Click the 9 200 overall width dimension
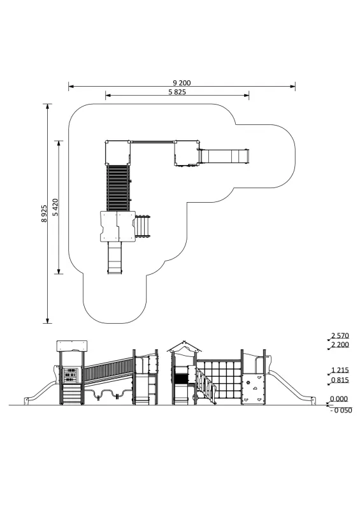pyautogui.click(x=182, y=83)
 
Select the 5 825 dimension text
pyautogui.click(x=177, y=92)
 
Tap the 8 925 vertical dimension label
pyautogui.click(x=44, y=214)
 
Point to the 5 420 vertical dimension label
pyautogui.click(x=55, y=207)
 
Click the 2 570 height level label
pyautogui.click(x=340, y=335)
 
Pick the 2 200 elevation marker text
pyautogui.click(x=340, y=344)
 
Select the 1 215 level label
pyautogui.click(x=340, y=370)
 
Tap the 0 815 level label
pyautogui.click(x=340, y=380)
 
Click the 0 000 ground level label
pyautogui.click(x=339, y=399)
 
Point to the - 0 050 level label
pyautogui.click(x=341, y=411)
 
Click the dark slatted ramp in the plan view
pyautogui.click(x=118, y=187)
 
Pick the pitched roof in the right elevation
pyautogui.click(x=184, y=347)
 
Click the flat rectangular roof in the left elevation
pyautogui.click(x=72, y=346)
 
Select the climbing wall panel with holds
pyautogui.click(x=253, y=389)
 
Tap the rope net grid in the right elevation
pyautogui.click(x=220, y=379)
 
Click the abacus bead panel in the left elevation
pyautogui.click(x=71, y=375)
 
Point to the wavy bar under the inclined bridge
pyautogui.click(x=107, y=393)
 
